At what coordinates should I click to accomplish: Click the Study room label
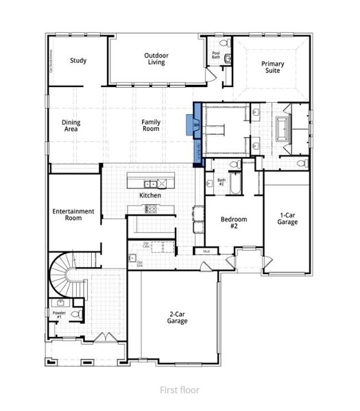77,60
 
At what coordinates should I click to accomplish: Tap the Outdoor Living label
156,59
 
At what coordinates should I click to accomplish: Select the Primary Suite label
272,66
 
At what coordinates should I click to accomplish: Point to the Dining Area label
71,126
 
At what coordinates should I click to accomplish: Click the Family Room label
151,126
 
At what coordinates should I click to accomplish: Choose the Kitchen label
150,195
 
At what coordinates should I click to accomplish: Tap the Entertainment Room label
73,215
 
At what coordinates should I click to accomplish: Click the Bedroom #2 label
233,223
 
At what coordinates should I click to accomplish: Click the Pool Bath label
215,55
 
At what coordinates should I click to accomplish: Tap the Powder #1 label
58,314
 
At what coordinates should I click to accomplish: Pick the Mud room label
206,251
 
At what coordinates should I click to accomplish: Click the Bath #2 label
221,182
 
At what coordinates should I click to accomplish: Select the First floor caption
180,390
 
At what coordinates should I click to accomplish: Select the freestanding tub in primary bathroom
283,127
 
